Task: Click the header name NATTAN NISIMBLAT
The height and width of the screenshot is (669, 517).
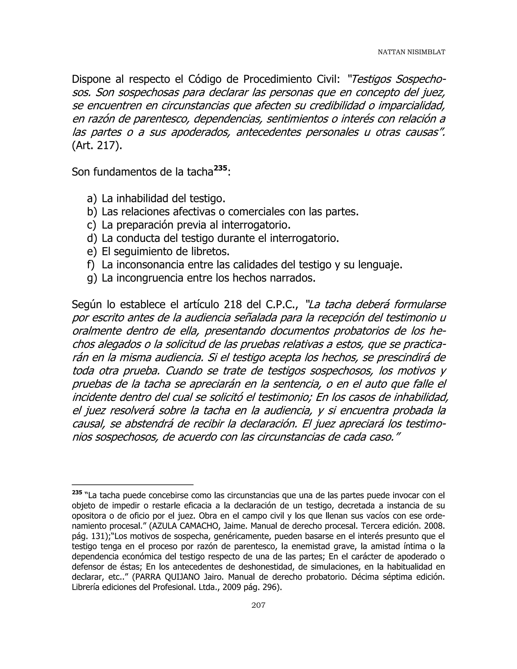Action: click(x=411, y=52)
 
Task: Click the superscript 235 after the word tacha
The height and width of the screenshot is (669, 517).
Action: click(x=221, y=168)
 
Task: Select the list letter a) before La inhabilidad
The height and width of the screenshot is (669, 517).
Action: click(x=92, y=199)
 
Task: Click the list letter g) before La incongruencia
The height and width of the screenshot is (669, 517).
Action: click(x=92, y=278)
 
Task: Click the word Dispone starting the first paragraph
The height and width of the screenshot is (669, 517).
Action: click(x=91, y=79)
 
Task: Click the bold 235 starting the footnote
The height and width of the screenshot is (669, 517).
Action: click(x=77, y=492)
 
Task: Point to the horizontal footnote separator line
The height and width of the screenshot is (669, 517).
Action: click(x=132, y=485)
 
